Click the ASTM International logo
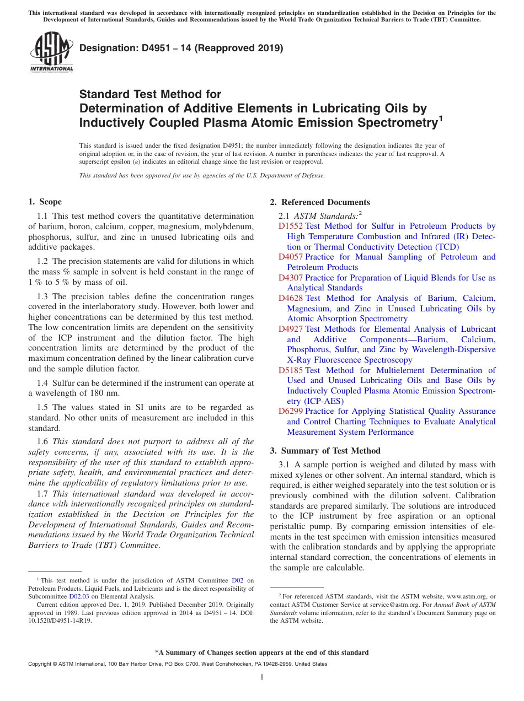click(x=51, y=52)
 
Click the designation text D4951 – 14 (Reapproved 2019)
click(x=181, y=48)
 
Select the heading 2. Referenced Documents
click(x=320, y=202)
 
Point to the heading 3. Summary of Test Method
click(x=325, y=451)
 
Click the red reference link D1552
click(x=291, y=226)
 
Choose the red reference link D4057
click(x=291, y=257)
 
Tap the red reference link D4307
click(x=291, y=278)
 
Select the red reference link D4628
click(x=291, y=298)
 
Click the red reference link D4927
click(x=291, y=329)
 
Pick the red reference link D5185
click(x=291, y=370)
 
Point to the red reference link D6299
click(x=291, y=411)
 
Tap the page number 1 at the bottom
click(x=262, y=677)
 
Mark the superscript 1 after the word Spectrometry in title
click(x=440, y=118)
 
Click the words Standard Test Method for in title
click(x=150, y=94)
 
